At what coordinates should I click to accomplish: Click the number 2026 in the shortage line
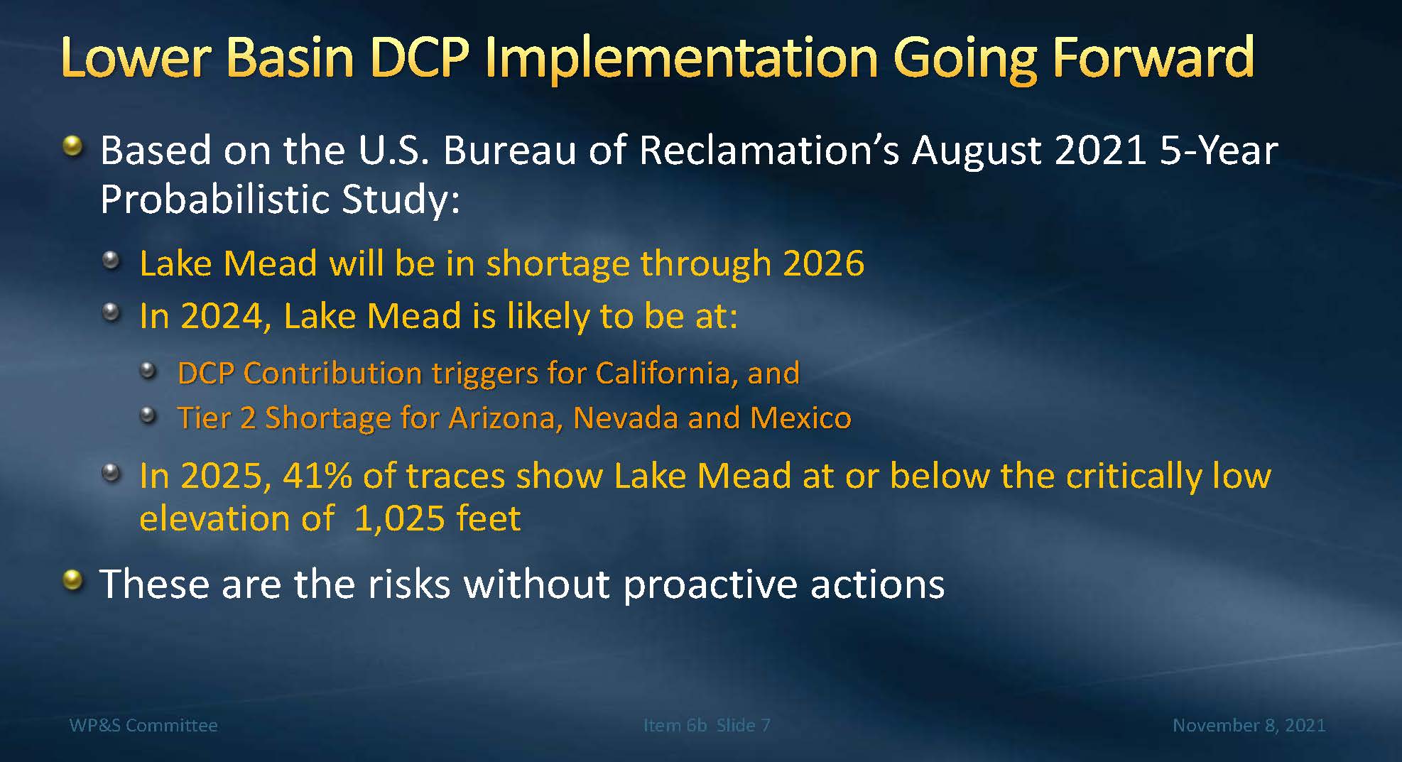[824, 263]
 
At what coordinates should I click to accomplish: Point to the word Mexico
[800, 418]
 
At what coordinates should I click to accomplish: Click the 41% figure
[317, 476]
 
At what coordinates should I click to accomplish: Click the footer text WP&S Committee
[143, 725]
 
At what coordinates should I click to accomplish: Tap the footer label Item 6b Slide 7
[707, 725]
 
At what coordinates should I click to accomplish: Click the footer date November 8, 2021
[1249, 725]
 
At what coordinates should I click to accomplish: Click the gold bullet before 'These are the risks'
[72, 581]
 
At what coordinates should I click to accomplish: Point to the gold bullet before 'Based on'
[72, 147]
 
